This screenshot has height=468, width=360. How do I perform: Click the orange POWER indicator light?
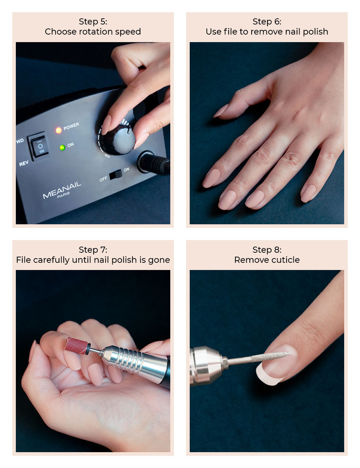point(58,130)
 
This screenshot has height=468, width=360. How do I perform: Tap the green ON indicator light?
point(62,148)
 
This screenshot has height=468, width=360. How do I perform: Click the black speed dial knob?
point(119,140)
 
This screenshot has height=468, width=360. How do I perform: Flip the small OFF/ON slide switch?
point(116,175)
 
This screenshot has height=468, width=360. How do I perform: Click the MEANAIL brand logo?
point(62,190)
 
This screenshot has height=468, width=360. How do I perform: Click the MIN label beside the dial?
point(107,156)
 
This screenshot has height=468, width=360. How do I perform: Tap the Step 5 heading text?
point(93,22)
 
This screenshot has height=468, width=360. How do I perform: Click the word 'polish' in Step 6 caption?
point(315,32)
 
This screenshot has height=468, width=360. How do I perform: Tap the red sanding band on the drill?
point(76,346)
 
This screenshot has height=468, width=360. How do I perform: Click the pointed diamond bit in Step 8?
point(271,357)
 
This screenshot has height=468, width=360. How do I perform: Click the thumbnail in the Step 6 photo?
point(220,111)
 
